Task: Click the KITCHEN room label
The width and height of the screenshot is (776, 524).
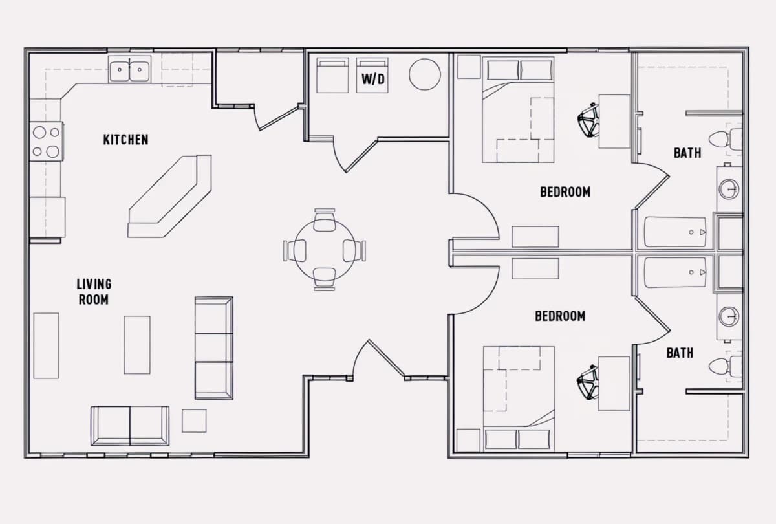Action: coord(125,140)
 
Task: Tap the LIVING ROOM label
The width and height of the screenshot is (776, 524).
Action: coord(94,292)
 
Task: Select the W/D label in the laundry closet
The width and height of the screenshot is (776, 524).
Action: coord(372,80)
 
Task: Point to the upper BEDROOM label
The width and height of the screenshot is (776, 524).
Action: coord(565,192)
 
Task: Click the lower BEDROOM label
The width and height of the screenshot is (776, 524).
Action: coord(560,316)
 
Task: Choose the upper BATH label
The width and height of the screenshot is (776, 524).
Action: coord(687,153)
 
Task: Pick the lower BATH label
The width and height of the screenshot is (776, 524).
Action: coord(680,353)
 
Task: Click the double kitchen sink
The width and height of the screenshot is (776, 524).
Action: coord(129,69)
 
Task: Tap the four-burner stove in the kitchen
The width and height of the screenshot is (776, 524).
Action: coord(46,142)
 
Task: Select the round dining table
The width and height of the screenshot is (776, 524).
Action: coord(325,250)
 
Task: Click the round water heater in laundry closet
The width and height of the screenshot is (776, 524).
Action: coord(425,74)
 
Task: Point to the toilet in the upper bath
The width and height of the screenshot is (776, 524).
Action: coord(726,139)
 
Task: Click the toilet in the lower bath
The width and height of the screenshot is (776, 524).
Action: coord(726,366)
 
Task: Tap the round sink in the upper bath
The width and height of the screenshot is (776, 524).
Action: coord(729,189)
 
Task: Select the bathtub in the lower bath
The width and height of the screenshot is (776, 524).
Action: coord(675,273)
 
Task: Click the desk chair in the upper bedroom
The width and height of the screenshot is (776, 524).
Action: coord(588,120)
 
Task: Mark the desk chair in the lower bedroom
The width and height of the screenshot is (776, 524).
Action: coord(588,382)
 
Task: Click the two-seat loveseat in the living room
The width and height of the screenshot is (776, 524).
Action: coord(130,426)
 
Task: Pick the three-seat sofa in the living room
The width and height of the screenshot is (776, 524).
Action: coord(214,348)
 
